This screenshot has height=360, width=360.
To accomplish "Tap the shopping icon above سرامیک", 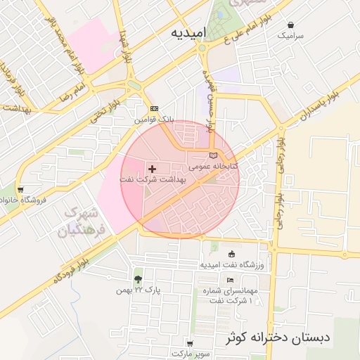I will pyautogui.click(x=290, y=24).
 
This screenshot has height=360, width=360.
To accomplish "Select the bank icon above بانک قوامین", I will pyautogui.click(x=154, y=109).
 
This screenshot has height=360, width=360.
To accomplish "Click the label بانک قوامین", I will pyautogui.click(x=154, y=120).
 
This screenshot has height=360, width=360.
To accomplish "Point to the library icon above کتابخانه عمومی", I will pyautogui.click(x=214, y=155).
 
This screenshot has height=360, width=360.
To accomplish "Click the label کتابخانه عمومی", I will pyautogui.click(x=214, y=167).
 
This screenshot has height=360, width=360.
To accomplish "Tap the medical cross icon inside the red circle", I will pyautogui.click(x=152, y=169).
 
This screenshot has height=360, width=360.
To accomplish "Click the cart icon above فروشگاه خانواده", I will pyautogui.click(x=20, y=189).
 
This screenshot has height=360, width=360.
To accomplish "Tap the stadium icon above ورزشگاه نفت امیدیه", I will pyautogui.click(x=232, y=254).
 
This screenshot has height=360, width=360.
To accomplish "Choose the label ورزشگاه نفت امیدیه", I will pyautogui.click(x=232, y=264).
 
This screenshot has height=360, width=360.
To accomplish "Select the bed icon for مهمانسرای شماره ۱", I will pyautogui.click(x=231, y=280).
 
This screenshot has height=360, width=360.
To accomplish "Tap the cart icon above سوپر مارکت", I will pyautogui.click(x=190, y=342).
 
